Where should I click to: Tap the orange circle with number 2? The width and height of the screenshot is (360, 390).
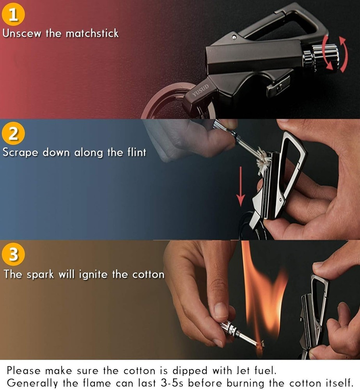coord(13,134)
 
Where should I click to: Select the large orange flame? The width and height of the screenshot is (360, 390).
coord(261,289)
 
